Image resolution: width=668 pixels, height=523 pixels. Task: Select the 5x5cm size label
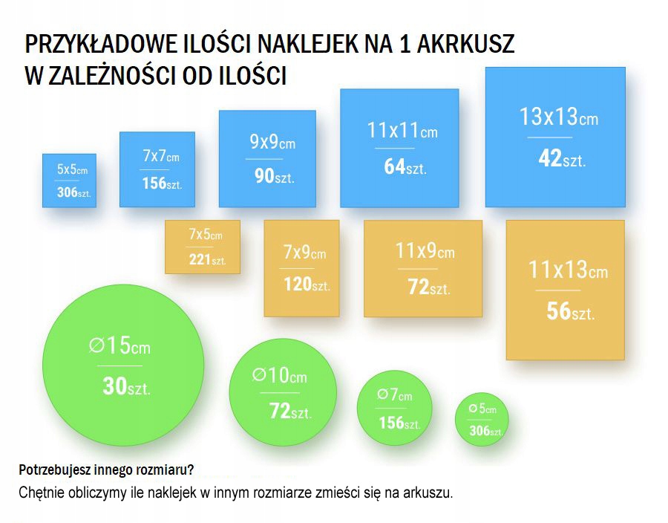[72, 170]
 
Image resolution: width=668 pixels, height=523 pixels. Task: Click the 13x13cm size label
[558, 117]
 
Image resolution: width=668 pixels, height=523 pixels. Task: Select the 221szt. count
[207, 260]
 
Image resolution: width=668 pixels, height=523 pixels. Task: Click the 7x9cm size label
[304, 253]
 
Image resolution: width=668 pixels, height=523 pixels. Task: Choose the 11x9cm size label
[425, 251]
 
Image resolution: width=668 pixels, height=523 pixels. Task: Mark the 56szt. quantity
[570, 311]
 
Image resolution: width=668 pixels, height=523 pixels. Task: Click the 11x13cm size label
[568, 269]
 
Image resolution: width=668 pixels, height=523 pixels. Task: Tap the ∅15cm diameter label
[119, 345]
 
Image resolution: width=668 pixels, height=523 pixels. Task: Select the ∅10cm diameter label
[279, 376]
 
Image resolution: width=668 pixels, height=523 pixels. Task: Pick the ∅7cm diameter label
[394, 394]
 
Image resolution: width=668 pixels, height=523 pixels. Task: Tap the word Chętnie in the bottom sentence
[41, 493]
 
